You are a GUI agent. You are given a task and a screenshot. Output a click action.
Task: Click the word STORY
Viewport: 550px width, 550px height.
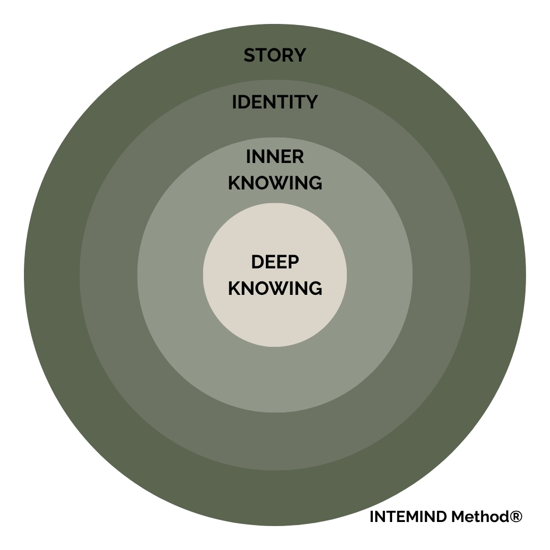pos(275,55)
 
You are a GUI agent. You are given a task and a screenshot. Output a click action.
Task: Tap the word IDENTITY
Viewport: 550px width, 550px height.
pos(275,102)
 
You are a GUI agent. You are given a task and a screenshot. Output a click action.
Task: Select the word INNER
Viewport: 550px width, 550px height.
pos(275,157)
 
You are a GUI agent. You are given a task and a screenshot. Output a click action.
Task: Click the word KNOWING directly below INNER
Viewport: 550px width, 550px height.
pos(275,182)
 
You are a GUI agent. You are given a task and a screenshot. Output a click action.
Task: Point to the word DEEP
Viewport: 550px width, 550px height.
pos(275,262)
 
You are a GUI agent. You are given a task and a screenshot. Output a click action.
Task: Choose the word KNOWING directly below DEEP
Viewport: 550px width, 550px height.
pos(275,288)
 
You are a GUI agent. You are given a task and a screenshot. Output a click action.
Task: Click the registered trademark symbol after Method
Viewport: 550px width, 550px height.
pos(516,517)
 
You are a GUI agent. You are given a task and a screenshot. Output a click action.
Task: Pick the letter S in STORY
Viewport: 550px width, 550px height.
pos(250,55)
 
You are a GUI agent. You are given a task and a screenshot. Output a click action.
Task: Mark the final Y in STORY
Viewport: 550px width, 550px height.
pos(300,55)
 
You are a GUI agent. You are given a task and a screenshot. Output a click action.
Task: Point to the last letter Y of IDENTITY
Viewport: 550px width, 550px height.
pos(312,102)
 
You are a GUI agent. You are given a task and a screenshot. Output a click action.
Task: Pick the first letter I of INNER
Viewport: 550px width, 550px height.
pos(248,157)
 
